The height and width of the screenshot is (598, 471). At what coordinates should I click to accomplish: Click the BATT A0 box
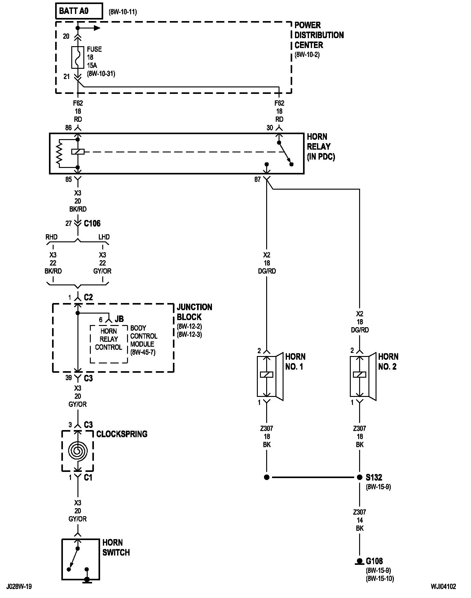point(79,11)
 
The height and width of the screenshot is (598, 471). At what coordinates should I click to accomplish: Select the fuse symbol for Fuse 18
point(78,57)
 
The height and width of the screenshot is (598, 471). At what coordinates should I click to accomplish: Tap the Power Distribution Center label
point(319,35)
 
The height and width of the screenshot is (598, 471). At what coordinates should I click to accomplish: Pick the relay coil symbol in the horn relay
point(78,152)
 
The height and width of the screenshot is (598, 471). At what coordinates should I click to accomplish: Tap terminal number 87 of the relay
point(258,179)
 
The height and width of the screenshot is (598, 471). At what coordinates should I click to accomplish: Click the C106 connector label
point(92,223)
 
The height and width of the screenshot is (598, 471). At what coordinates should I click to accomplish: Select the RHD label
point(51,237)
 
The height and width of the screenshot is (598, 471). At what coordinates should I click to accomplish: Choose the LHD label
point(104,237)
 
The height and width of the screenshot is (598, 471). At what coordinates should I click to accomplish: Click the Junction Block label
point(195,312)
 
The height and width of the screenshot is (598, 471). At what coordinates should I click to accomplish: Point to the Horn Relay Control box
point(109,344)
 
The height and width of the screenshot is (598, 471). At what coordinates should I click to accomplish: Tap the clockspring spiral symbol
point(78,450)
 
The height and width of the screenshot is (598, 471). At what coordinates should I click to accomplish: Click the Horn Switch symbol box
point(81,559)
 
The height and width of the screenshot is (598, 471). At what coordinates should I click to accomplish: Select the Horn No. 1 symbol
point(270,376)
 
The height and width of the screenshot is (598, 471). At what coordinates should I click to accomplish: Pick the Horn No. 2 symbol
point(363,376)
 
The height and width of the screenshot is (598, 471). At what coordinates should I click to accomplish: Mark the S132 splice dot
point(359,477)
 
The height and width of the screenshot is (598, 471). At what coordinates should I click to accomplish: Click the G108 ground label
point(374,561)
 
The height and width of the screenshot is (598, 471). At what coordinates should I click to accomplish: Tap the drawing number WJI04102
point(443,587)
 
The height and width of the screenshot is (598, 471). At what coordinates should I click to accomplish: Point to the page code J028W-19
point(19,587)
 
